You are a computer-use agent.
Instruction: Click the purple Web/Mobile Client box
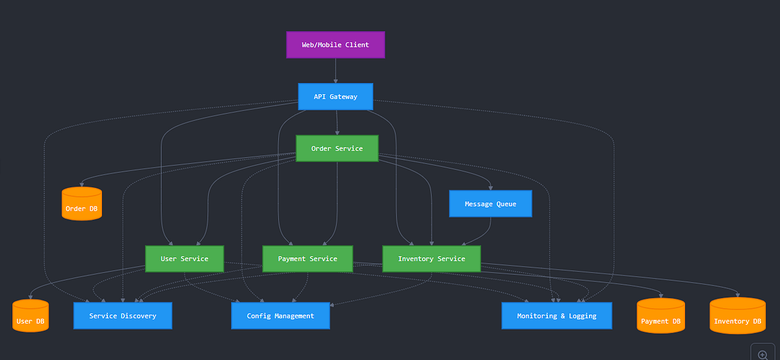[335, 45]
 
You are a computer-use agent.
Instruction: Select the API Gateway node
[335, 97]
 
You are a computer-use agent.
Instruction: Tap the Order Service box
[337, 149]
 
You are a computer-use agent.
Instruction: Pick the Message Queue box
[490, 204]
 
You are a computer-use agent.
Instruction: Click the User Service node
[185, 259]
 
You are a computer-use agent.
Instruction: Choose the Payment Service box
[307, 259]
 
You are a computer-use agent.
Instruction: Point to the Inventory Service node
[432, 259]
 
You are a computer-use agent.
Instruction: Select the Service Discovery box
[123, 316]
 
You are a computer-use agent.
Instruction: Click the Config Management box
[280, 316]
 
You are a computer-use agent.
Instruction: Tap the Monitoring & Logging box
[556, 316]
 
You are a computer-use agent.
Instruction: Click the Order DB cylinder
[82, 205]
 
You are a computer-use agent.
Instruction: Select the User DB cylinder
[31, 317]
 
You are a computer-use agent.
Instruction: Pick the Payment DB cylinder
[660, 317]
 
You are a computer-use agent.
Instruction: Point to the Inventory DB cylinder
[737, 317]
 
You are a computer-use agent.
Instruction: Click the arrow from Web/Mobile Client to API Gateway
[335, 71]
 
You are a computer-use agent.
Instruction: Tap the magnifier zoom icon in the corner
[763, 355]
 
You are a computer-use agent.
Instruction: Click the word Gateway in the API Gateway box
[343, 97]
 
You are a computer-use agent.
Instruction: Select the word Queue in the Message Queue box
[506, 204]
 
